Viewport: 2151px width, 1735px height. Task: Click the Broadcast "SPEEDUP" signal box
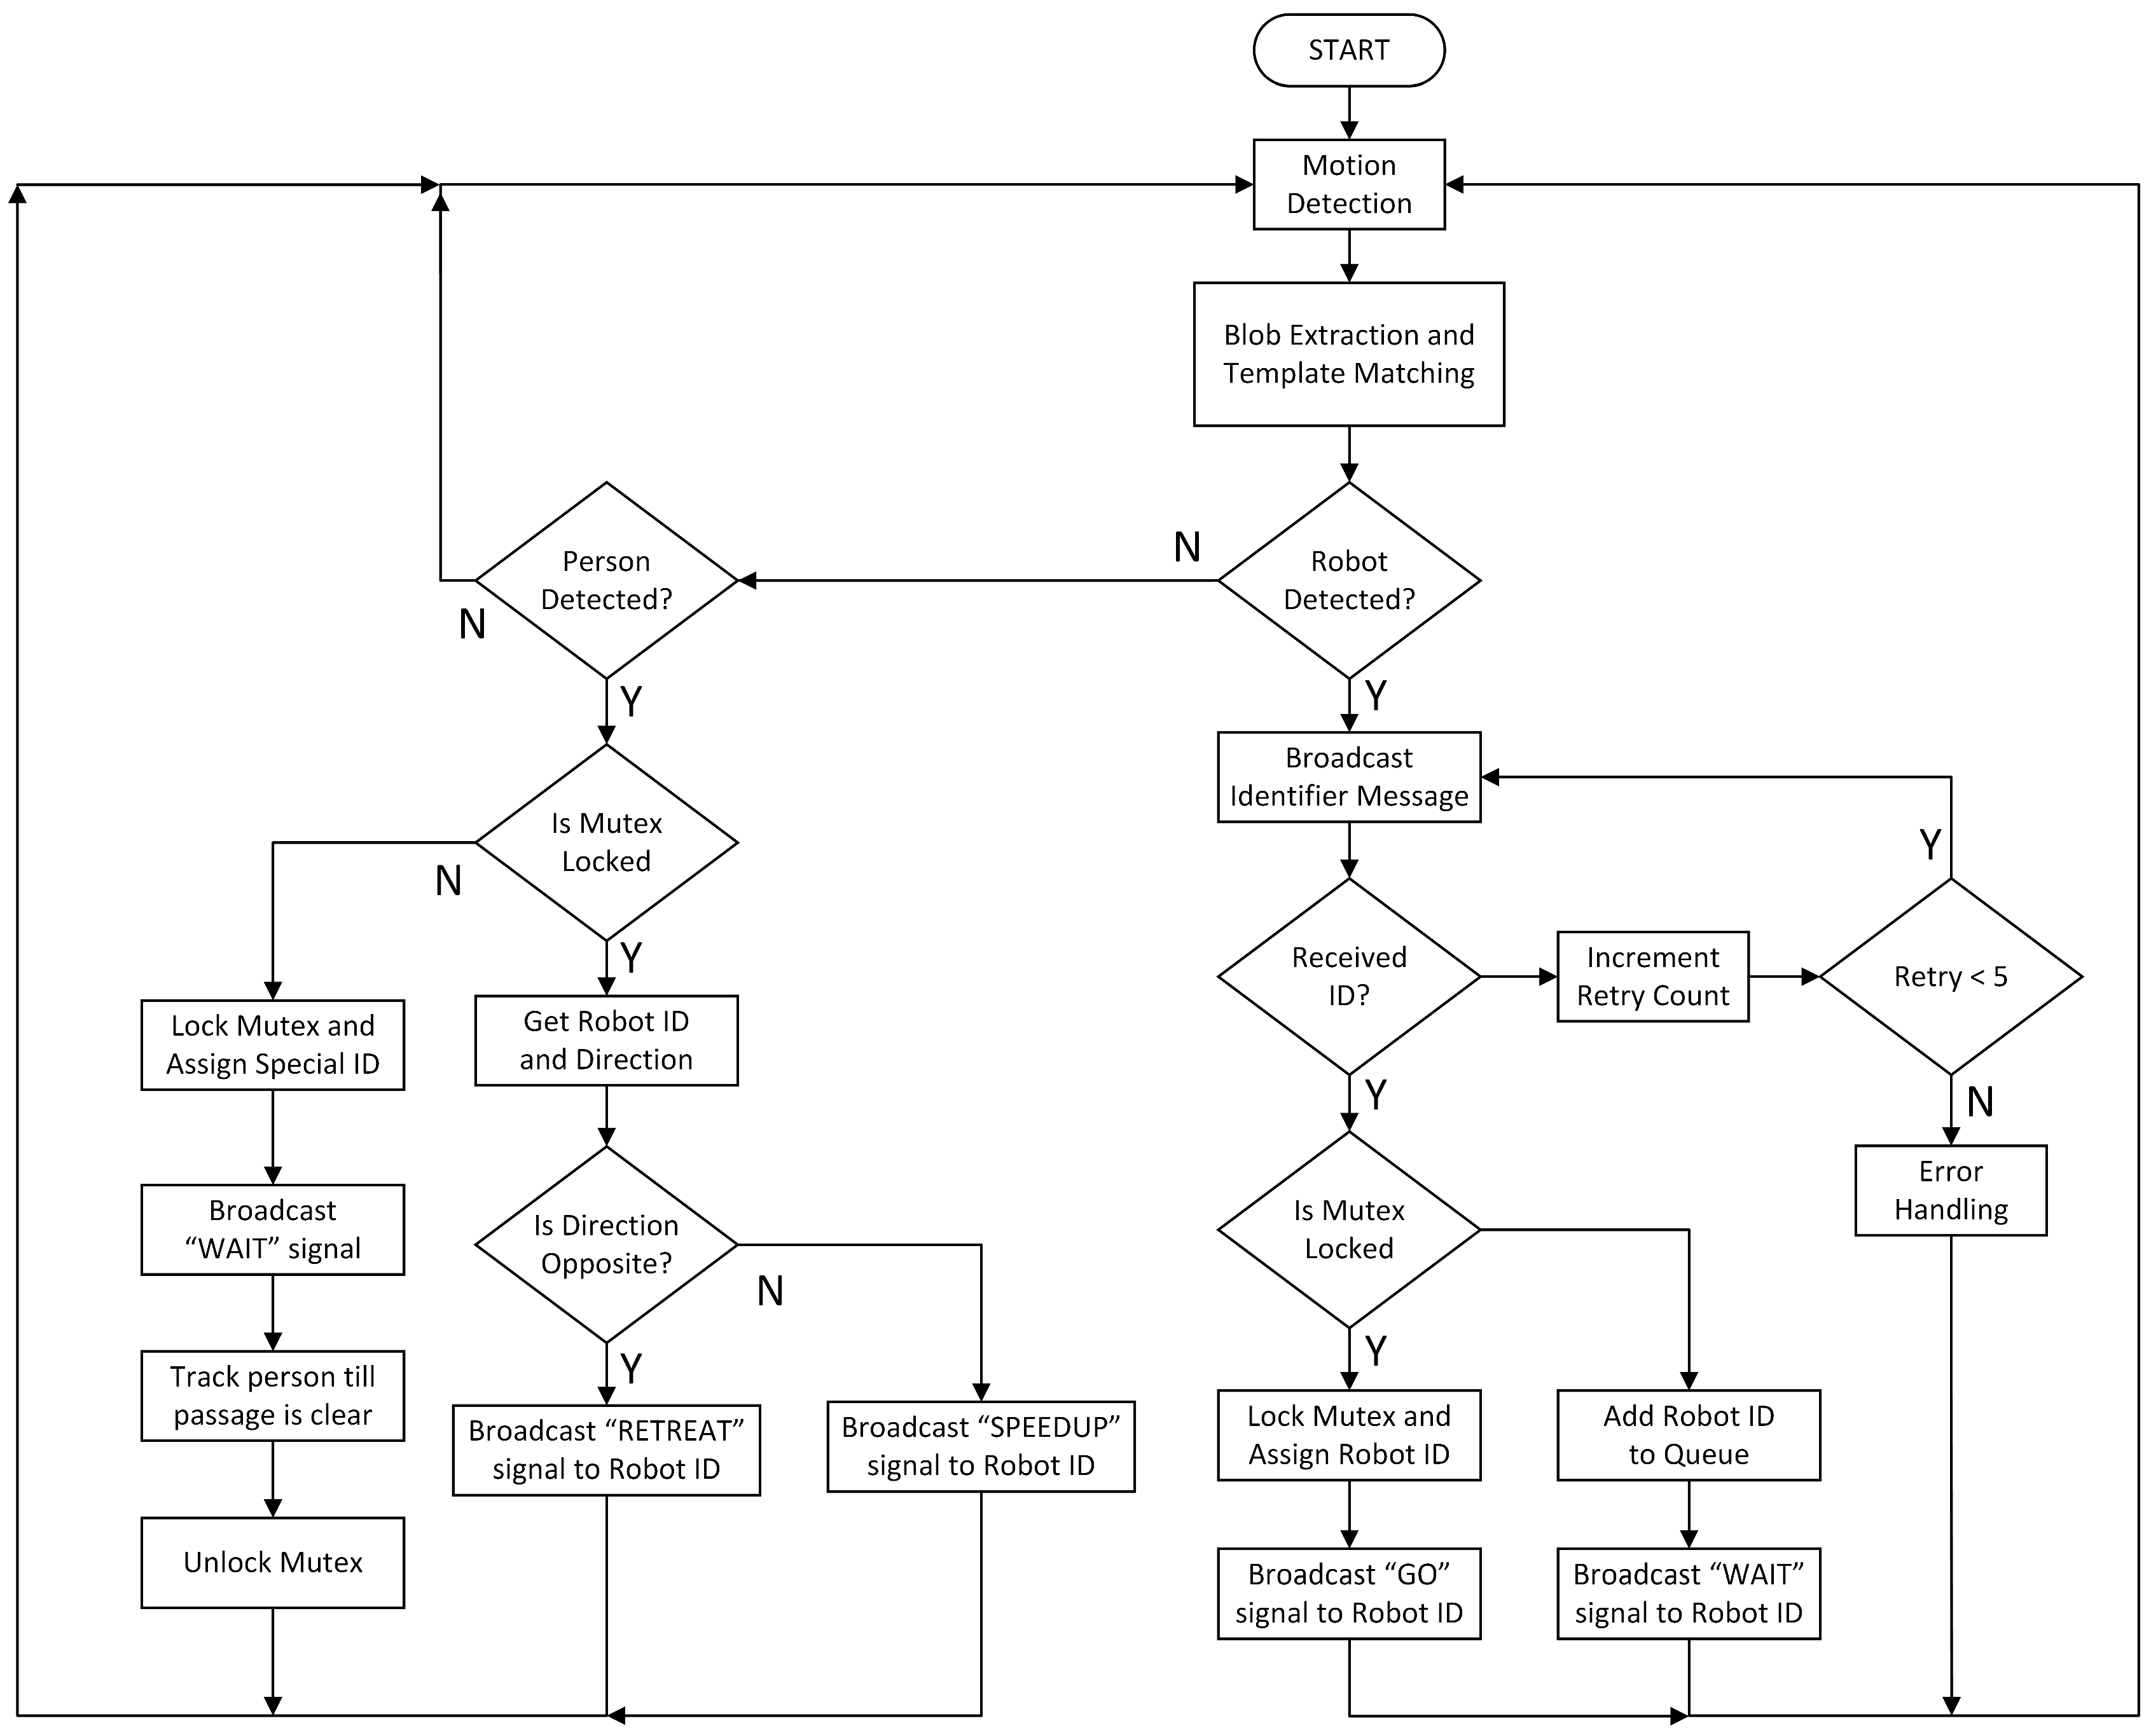point(981,1446)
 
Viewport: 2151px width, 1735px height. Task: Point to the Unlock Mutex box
point(273,1562)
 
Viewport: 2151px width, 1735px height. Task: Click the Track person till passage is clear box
point(273,1396)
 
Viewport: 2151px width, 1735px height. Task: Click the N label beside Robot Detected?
point(1186,547)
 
